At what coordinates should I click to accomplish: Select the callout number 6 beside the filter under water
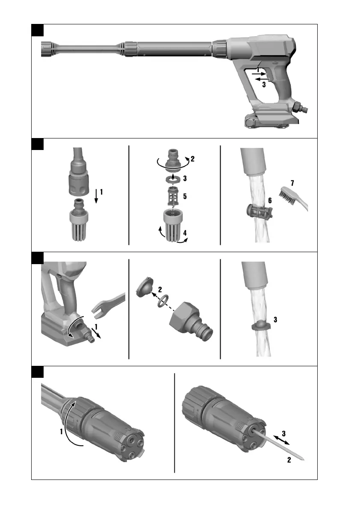point(270,200)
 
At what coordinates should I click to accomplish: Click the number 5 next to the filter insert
point(185,196)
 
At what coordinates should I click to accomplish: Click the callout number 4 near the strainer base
point(185,233)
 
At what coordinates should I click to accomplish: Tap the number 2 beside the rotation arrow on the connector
point(192,159)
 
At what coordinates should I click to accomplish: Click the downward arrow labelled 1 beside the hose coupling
point(96,197)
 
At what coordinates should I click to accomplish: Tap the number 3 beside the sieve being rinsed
point(275,320)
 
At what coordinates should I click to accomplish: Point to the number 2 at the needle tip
point(289,460)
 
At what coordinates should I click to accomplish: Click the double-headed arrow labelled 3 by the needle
point(281,440)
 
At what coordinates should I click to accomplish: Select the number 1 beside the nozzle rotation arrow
point(61,431)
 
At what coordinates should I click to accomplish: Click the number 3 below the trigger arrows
point(264,84)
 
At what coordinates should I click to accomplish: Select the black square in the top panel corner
point(37,30)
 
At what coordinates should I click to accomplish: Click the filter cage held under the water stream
point(260,212)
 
